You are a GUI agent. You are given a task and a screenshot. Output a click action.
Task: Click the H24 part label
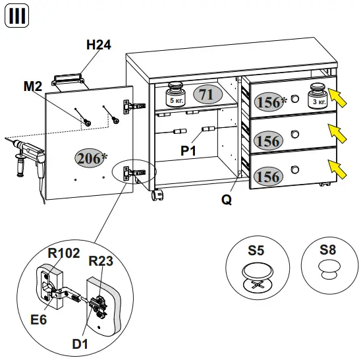98,45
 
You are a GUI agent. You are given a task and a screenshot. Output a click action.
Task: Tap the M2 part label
33,86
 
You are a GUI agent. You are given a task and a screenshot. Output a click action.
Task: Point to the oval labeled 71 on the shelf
206,95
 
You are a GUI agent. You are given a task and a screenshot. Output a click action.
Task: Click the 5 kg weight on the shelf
175,95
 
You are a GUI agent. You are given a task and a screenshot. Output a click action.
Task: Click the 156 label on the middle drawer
267,140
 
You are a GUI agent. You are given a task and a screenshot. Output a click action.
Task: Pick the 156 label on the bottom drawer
267,176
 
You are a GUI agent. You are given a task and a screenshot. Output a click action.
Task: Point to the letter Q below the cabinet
226,198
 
